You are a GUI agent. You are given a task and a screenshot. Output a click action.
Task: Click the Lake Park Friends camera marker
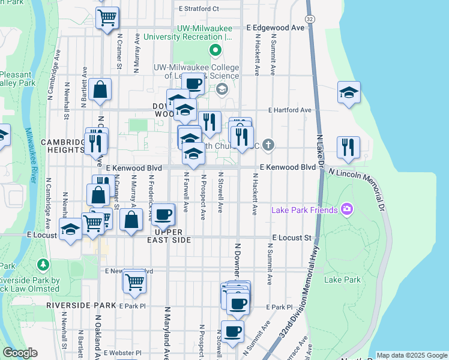[x=346, y=209]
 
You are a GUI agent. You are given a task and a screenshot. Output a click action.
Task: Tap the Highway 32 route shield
[x=310, y=19]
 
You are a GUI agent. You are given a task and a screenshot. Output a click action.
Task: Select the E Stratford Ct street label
[x=199, y=9]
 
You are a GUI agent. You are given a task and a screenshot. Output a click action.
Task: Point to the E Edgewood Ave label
[x=276, y=28]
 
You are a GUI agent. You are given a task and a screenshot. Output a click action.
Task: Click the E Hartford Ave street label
[x=290, y=110]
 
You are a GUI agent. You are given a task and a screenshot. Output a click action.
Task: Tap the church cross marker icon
[x=268, y=145]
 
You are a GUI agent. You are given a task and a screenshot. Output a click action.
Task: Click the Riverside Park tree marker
[x=43, y=264]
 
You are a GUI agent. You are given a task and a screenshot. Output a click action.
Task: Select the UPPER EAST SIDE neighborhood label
[x=172, y=235]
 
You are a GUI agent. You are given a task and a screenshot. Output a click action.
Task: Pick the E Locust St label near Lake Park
[x=291, y=238]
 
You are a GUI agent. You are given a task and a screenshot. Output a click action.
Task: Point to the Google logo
[x=20, y=353]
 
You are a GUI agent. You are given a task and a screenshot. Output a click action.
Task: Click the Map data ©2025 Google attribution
[x=411, y=355]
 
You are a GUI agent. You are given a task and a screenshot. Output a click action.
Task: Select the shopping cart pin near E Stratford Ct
[x=107, y=18]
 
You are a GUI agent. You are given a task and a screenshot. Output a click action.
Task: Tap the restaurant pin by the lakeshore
[x=349, y=147]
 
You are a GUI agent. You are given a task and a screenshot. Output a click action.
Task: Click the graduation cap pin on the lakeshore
[x=349, y=92]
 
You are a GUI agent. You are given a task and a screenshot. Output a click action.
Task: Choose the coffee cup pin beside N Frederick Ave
[x=162, y=214]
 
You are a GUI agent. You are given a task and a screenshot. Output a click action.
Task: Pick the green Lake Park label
[x=342, y=280]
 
